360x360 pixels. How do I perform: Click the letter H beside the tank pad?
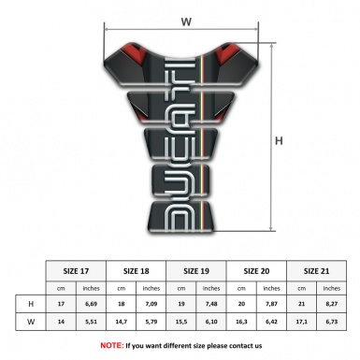tap(279, 140)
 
